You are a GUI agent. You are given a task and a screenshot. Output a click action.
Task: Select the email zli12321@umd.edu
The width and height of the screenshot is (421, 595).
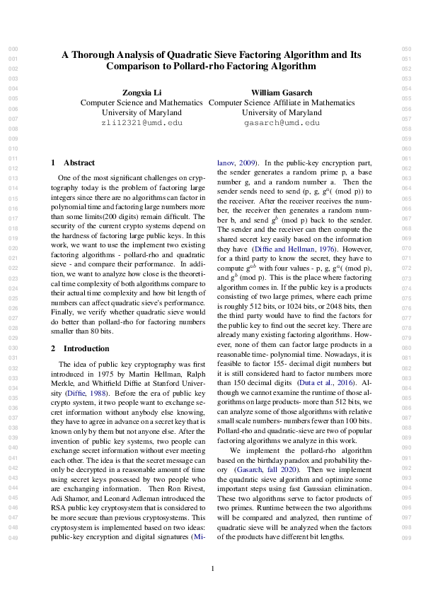click(x=142, y=122)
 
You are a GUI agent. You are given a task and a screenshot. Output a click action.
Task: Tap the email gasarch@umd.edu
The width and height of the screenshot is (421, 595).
click(x=282, y=122)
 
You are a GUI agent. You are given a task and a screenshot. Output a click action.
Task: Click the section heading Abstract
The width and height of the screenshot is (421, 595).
click(x=79, y=163)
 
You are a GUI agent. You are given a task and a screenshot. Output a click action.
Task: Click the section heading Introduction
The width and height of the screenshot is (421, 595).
click(x=84, y=348)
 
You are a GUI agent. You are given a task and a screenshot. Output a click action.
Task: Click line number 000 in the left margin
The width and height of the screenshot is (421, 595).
click(x=12, y=49)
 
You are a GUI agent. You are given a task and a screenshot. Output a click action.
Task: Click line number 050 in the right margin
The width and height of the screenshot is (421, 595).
click(x=406, y=49)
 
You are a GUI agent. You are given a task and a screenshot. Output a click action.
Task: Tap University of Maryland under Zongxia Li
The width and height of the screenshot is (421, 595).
click(x=142, y=112)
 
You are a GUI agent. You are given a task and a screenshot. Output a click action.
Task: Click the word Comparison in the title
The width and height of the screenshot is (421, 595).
click(x=137, y=66)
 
